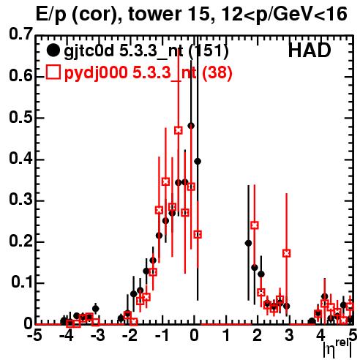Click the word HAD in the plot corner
[x=310, y=50]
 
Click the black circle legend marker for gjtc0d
[x=53, y=50]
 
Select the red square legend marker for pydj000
[x=53, y=72]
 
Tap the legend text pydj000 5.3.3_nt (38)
[x=148, y=72]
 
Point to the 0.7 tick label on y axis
[x=21, y=34]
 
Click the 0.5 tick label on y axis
[x=21, y=118]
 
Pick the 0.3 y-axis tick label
[x=21, y=200]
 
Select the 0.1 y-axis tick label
[x=21, y=283]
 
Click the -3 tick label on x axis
[x=97, y=336]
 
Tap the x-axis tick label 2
[x=257, y=336]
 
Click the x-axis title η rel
[x=337, y=348]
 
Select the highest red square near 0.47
[x=179, y=130]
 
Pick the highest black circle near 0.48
[x=191, y=126]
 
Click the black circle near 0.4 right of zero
[x=198, y=161]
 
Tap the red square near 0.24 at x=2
[x=255, y=225]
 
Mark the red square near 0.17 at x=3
[x=287, y=253]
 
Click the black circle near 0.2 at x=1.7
[x=248, y=243]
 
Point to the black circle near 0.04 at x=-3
[x=96, y=309]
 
